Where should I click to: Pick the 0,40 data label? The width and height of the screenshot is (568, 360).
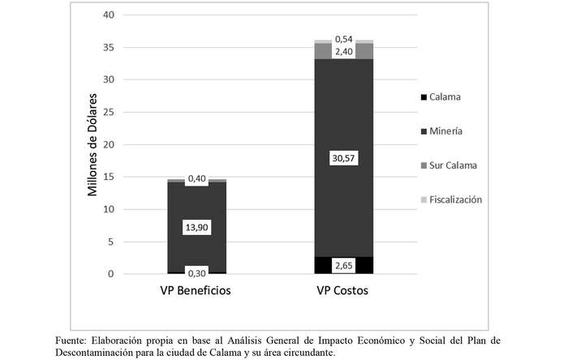pos(196,178)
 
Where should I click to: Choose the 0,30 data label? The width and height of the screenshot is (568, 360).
pos(196,272)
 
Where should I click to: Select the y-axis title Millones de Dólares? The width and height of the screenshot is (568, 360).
pos(94,144)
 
